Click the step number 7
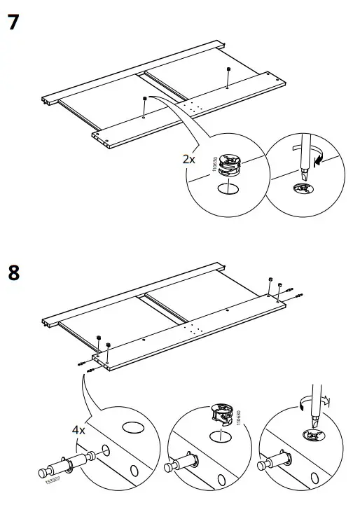click(x=13, y=22)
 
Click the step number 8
click(x=13, y=272)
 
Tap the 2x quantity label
click(x=188, y=159)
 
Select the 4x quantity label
click(x=77, y=430)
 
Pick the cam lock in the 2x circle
click(x=229, y=165)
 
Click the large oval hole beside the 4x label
click(x=132, y=427)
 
